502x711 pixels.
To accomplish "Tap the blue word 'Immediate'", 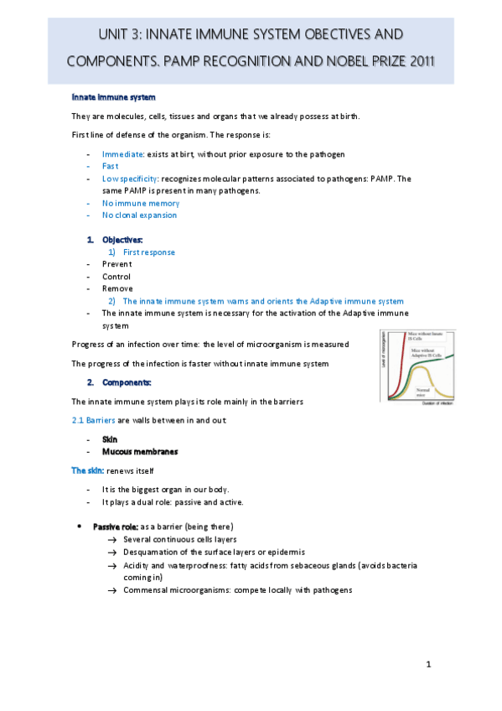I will (x=123, y=154).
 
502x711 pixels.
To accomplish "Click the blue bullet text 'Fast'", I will (x=111, y=166).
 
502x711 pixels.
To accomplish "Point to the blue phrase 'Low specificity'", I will (x=129, y=179).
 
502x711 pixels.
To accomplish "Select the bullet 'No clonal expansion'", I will (x=140, y=215).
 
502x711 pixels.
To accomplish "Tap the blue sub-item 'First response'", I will (x=149, y=252).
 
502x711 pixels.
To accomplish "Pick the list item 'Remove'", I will (x=117, y=288).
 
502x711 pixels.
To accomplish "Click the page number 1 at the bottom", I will (x=428, y=665).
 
